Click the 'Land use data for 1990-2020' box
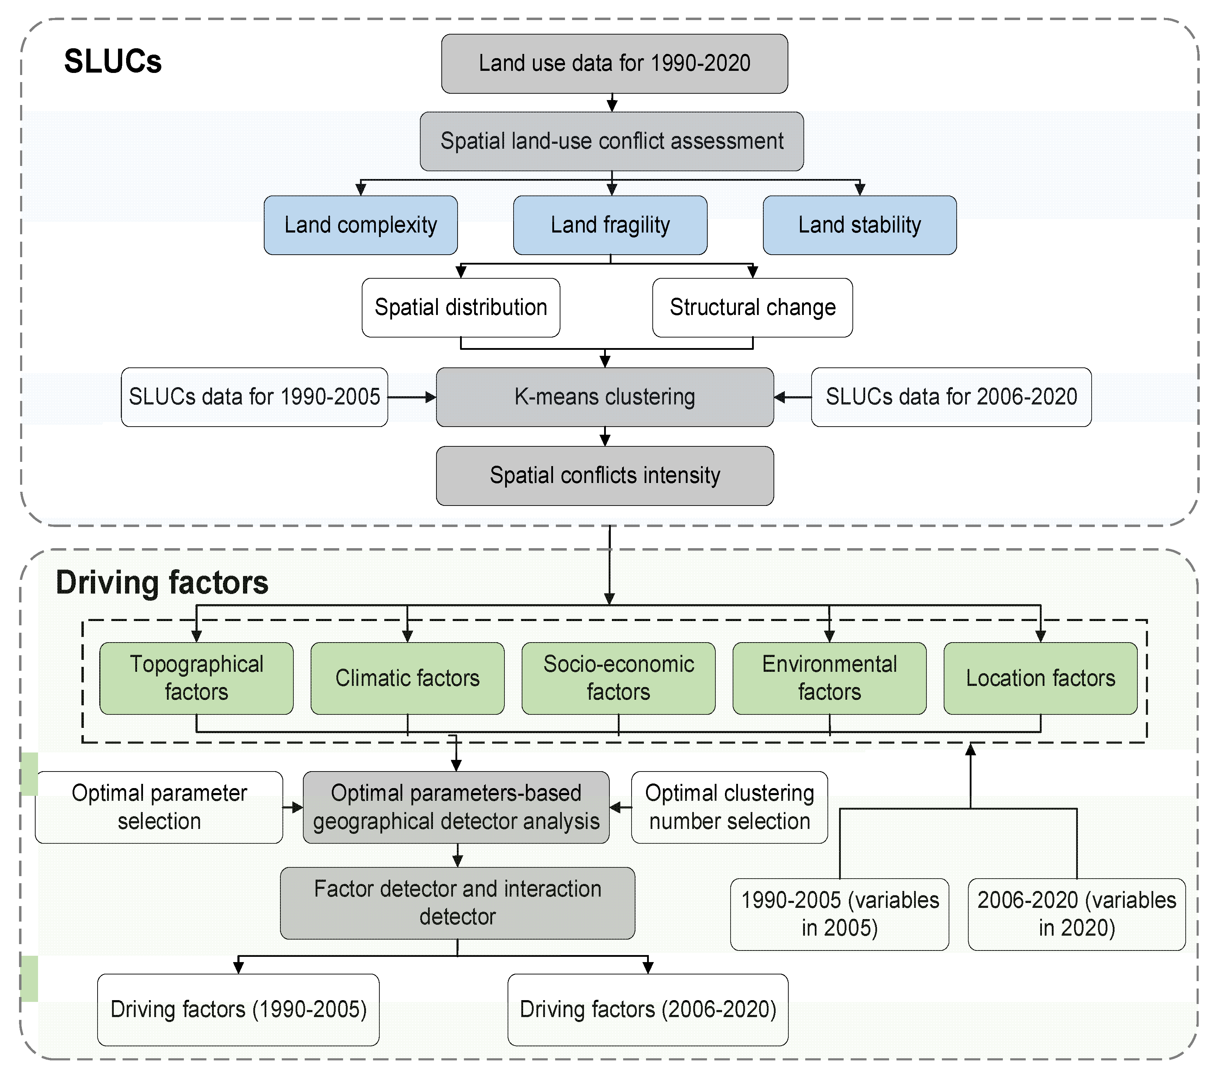pyautogui.click(x=614, y=63)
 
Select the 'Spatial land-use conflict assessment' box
pyautogui.click(x=611, y=141)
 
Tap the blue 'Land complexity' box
pyautogui.click(x=360, y=225)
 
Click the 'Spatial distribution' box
pyautogui.click(x=461, y=308)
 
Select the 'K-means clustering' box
pyautogui.click(x=604, y=397)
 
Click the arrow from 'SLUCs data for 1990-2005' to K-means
pyautogui.click(x=412, y=397)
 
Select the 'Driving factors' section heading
pyautogui.click(x=162, y=582)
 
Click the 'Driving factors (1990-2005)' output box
pyautogui.click(x=238, y=1009)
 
